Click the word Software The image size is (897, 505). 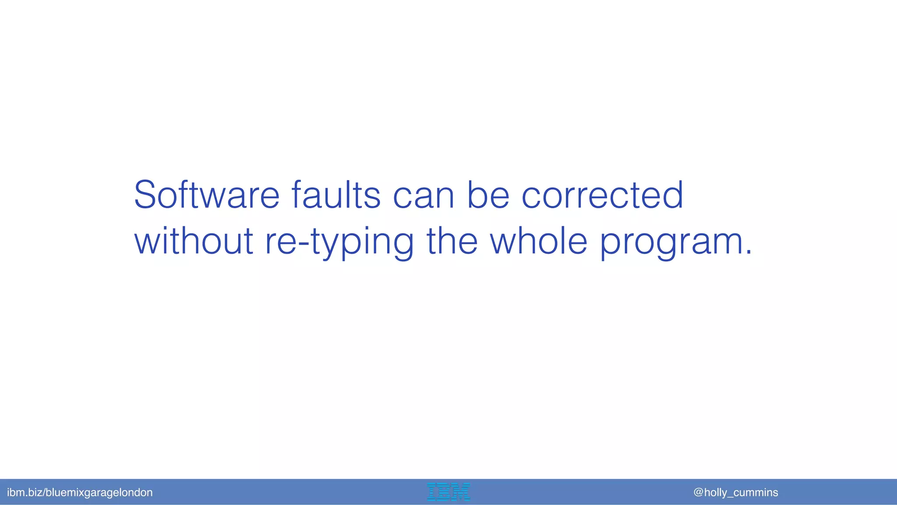click(x=206, y=195)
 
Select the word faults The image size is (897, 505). click(x=335, y=195)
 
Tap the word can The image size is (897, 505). click(x=424, y=196)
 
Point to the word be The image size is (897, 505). click(x=488, y=195)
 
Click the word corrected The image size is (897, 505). click(x=602, y=195)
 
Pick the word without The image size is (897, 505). click(x=194, y=241)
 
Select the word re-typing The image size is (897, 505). click(x=339, y=242)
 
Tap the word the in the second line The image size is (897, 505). click(x=452, y=241)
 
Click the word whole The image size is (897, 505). click(x=538, y=241)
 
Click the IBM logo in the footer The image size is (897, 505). click(x=448, y=492)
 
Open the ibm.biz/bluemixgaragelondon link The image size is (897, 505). click(x=80, y=492)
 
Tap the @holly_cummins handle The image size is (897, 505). click(x=736, y=492)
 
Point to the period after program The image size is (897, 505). click(x=748, y=253)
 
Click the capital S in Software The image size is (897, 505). click(x=145, y=195)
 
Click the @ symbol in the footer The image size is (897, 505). click(x=699, y=492)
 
